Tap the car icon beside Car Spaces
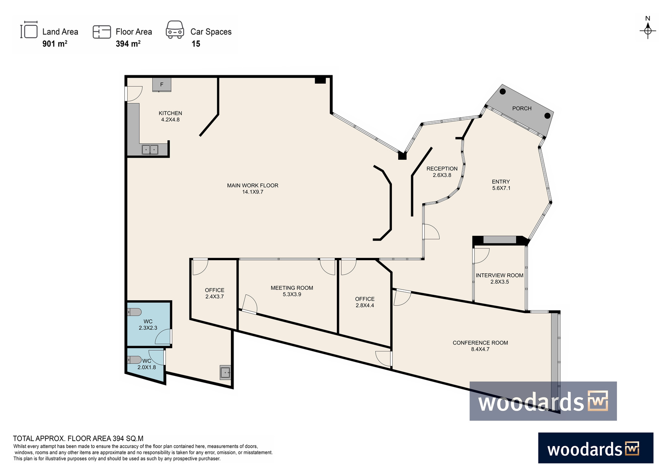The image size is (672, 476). [175, 30]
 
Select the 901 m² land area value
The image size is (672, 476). [55, 44]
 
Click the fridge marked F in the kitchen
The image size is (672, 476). [162, 85]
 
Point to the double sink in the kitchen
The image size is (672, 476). [150, 149]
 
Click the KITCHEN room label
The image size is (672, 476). [171, 113]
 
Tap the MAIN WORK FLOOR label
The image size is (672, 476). [252, 185]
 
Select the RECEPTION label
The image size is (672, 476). [442, 169]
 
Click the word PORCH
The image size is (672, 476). [522, 108]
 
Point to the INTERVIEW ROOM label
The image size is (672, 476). [499, 275]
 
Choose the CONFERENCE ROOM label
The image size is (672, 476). [480, 343]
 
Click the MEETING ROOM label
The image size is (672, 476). [292, 288]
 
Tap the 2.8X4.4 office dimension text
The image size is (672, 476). [365, 305]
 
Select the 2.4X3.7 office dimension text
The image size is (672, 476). [215, 296]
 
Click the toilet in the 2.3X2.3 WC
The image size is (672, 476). [134, 312]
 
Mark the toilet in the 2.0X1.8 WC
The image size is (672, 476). [134, 360]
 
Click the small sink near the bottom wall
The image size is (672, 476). [225, 373]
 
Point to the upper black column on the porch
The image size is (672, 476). [503, 92]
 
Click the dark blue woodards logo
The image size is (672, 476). [596, 448]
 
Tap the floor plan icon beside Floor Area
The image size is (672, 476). [102, 32]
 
